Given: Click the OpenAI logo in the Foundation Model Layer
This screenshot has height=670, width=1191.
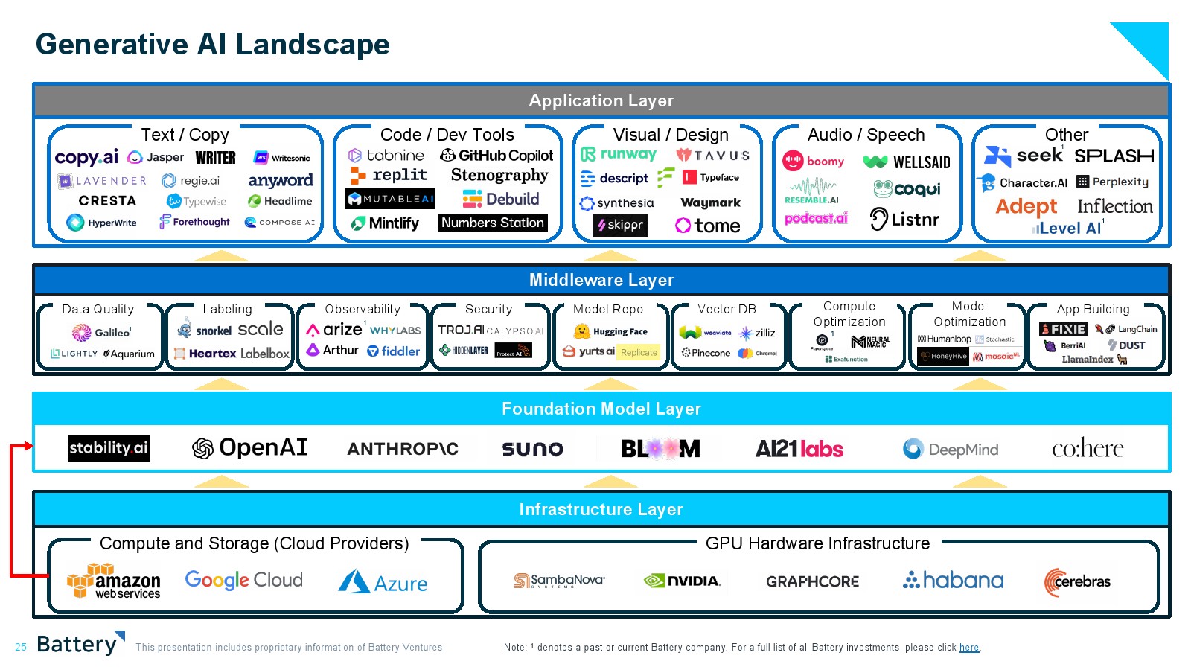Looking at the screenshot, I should [x=250, y=448].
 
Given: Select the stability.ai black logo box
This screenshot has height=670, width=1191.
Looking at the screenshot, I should [x=109, y=448].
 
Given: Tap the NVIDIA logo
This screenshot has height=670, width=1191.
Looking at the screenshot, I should [x=682, y=581].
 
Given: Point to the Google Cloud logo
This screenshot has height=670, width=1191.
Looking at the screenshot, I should [x=243, y=580].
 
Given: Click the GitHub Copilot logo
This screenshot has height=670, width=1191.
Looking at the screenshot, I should [x=496, y=156].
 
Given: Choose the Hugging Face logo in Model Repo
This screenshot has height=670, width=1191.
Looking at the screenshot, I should [x=611, y=332].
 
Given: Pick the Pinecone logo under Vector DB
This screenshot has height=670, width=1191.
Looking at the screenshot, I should [x=706, y=353].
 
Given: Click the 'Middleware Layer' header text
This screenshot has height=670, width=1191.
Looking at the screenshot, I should [x=601, y=281].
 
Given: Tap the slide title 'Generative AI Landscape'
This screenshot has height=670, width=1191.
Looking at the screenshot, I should [x=213, y=45].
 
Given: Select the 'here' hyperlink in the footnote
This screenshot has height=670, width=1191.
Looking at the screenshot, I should [x=968, y=648].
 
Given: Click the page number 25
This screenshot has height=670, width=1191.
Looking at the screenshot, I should [x=21, y=648].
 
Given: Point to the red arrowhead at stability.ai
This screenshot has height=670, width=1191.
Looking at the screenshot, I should [x=29, y=446].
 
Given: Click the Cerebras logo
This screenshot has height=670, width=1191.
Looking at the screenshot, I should [x=1077, y=581].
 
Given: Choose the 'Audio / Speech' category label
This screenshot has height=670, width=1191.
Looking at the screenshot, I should [x=866, y=135].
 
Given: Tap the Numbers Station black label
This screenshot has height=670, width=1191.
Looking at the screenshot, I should [x=493, y=223].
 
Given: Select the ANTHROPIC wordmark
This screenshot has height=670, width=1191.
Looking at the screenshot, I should [x=403, y=449].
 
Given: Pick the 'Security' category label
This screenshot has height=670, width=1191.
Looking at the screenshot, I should [x=488, y=309].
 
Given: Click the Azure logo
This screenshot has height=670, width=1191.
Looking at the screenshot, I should [x=383, y=582].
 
